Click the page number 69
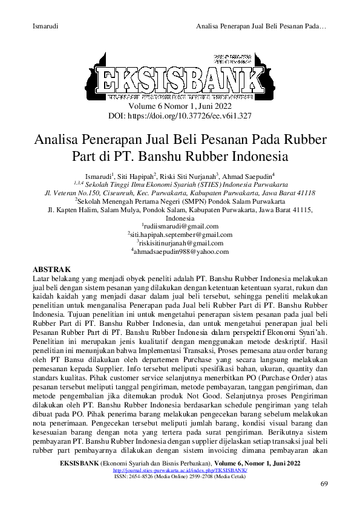324,485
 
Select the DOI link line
180,114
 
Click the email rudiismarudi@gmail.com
180,226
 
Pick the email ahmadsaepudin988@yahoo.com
180,251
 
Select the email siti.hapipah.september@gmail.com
180,235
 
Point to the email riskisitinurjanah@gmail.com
180,243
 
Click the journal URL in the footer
180,470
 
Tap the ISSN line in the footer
180,476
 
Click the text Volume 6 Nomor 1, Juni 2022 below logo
180,105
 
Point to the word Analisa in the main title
57,140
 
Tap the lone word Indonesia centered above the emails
180,218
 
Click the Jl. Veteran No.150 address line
180,192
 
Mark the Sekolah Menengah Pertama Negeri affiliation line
180,201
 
